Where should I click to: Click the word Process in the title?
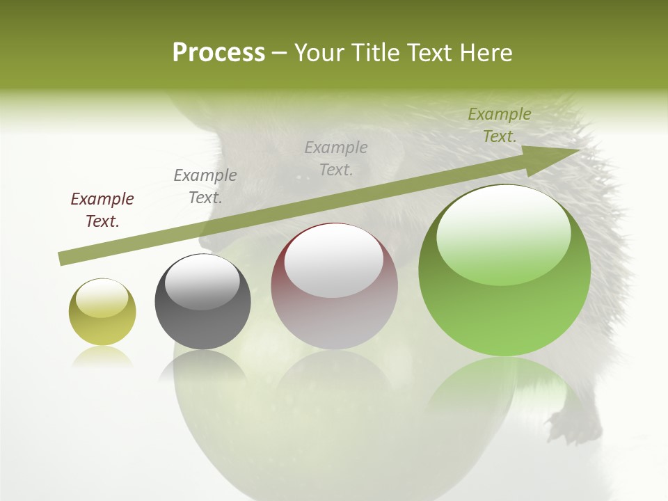pos(218,53)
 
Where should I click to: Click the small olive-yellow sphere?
pos(102,312)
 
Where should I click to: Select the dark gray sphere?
pos(202,302)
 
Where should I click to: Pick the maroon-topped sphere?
pos(334,286)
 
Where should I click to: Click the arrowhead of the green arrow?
pos(557,159)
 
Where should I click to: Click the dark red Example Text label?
pos(102,210)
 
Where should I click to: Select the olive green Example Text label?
pos(499,125)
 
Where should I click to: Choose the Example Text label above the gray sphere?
pos(205,186)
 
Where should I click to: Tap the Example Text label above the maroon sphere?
pos(336,159)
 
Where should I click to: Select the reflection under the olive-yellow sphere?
pos(102,357)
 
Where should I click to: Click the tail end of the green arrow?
pos(63,259)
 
